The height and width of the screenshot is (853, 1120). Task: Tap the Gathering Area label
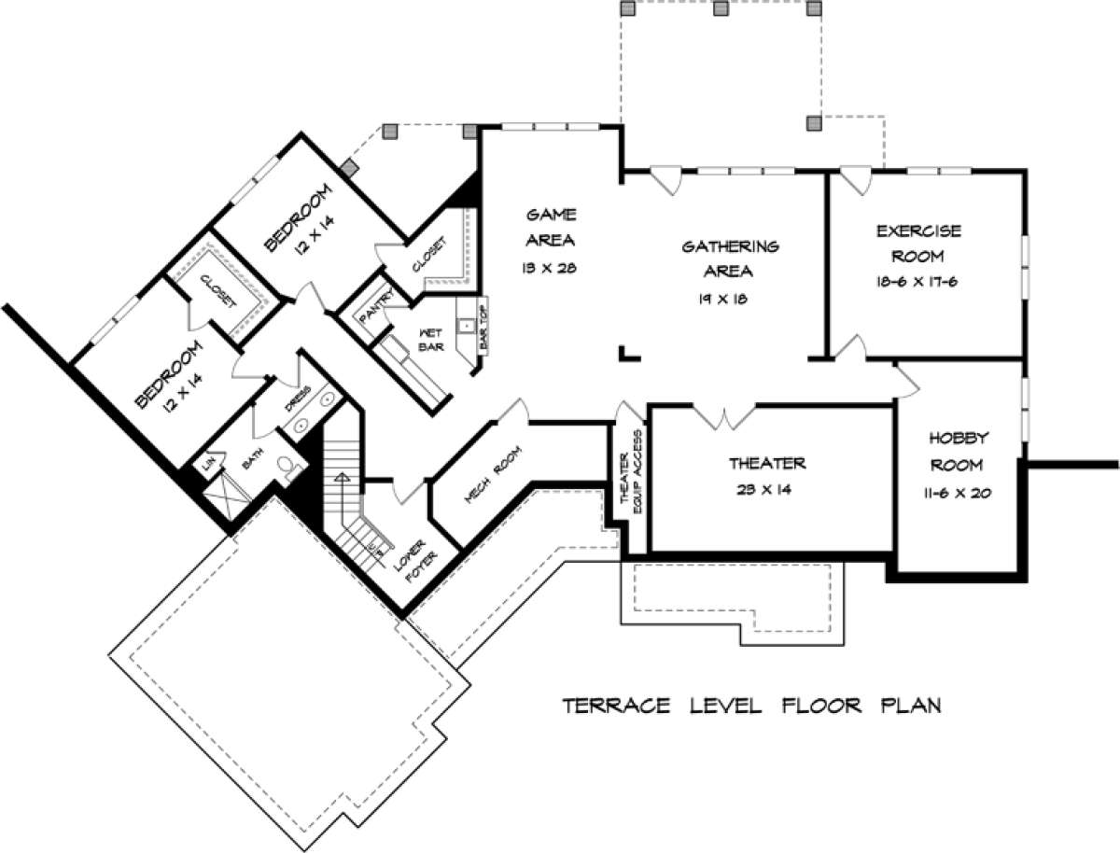click(x=730, y=259)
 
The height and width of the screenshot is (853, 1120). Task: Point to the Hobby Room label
click(x=959, y=451)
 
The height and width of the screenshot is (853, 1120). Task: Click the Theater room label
click(x=767, y=463)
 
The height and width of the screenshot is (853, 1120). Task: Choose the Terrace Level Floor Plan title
click(x=751, y=705)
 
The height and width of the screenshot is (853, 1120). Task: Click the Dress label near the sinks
click(x=291, y=399)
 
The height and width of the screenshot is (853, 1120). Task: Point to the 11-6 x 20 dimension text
click(x=959, y=492)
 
